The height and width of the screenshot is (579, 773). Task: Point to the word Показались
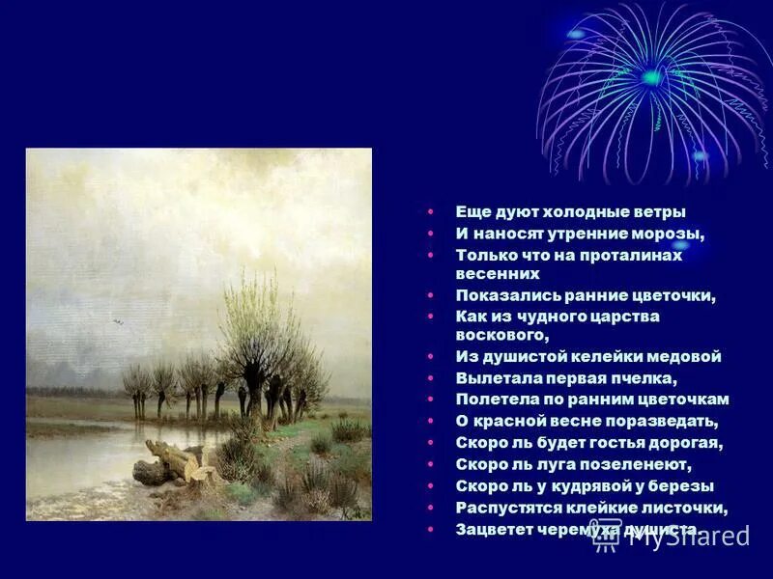(501, 295)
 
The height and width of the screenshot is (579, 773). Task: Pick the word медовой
(686, 356)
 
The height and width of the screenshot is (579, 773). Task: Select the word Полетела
(493, 399)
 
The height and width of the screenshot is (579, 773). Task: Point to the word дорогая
(683, 443)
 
